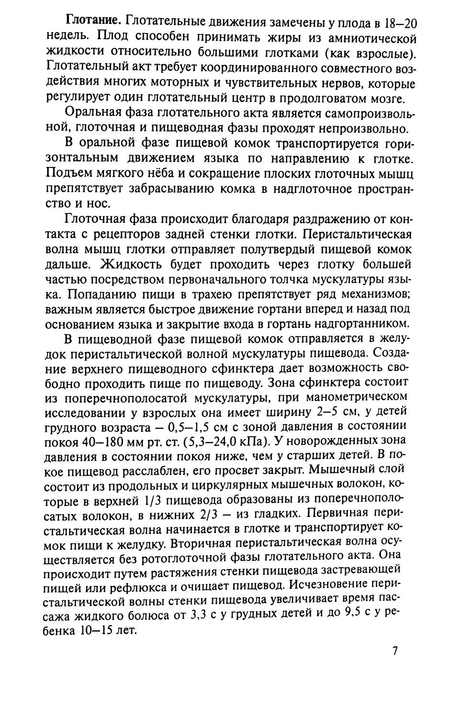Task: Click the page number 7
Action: (x=395, y=651)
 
